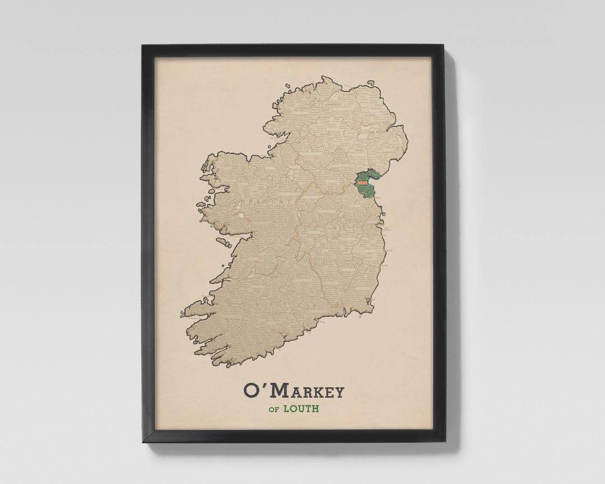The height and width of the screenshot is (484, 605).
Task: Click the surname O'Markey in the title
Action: [x=294, y=390]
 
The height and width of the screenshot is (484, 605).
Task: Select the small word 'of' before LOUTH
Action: [x=274, y=409]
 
